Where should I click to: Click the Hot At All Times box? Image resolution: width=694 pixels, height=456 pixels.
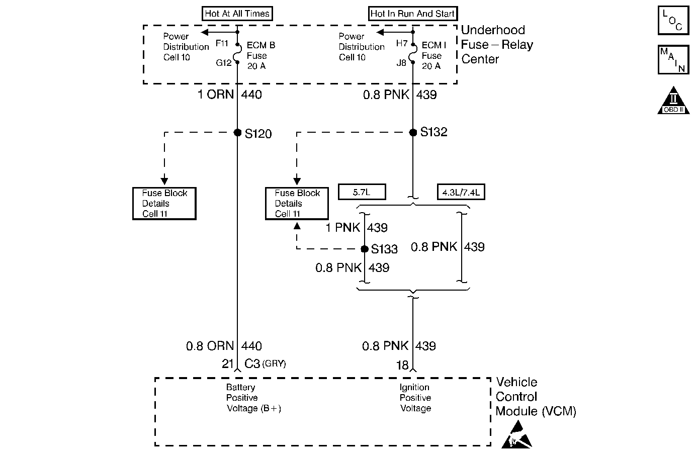pos(237,14)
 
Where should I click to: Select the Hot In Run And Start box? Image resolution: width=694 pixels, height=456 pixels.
pos(413,14)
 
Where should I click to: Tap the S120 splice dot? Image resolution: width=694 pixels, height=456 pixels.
pos(238,133)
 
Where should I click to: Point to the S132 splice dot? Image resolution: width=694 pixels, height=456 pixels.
pos(413,133)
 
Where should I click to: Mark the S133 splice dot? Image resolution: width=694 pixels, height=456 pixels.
pos(365,249)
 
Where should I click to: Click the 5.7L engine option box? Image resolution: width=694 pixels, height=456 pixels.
pos(362,192)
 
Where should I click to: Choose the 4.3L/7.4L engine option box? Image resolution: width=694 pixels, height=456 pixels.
pos(461,192)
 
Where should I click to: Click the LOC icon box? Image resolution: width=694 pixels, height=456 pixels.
pos(673,20)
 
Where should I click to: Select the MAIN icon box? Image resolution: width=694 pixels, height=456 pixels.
pos(673,59)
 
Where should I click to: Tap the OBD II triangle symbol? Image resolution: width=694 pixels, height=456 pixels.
pos(673,101)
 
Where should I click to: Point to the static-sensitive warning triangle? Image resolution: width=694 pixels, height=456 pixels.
pos(517,434)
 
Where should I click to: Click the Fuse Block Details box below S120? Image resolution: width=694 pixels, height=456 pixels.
pos(164,204)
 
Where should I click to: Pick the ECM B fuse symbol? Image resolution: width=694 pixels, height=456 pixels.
pos(238,53)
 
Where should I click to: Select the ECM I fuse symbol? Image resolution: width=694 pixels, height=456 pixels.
pos(413,53)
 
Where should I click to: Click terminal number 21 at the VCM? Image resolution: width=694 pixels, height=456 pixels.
pos(228,363)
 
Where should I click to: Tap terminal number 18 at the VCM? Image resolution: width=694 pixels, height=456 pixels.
pos(402,365)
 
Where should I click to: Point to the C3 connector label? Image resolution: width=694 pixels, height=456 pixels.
pos(252,363)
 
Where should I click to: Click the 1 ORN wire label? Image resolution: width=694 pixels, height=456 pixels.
pos(216,95)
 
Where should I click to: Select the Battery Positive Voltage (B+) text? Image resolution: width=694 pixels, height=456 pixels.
pos(254,398)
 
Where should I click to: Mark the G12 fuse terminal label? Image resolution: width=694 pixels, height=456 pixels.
pos(224,63)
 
